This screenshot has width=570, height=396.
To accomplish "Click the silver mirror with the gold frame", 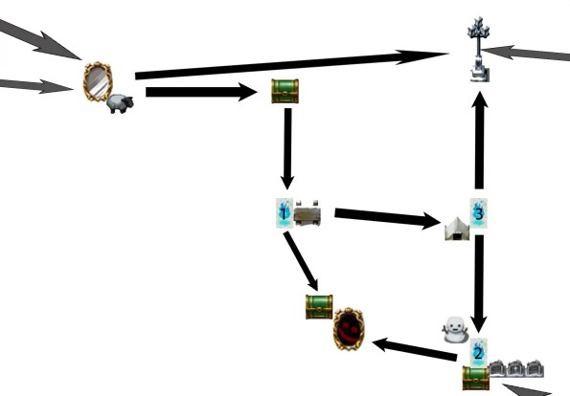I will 97,82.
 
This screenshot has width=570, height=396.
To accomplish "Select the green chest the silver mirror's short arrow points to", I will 285,92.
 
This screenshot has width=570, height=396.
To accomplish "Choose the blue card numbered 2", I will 477,351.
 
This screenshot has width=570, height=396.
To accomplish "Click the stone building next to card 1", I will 307,214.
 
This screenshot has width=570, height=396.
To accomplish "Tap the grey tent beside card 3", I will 457,228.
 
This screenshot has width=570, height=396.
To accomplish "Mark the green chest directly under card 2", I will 476,377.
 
